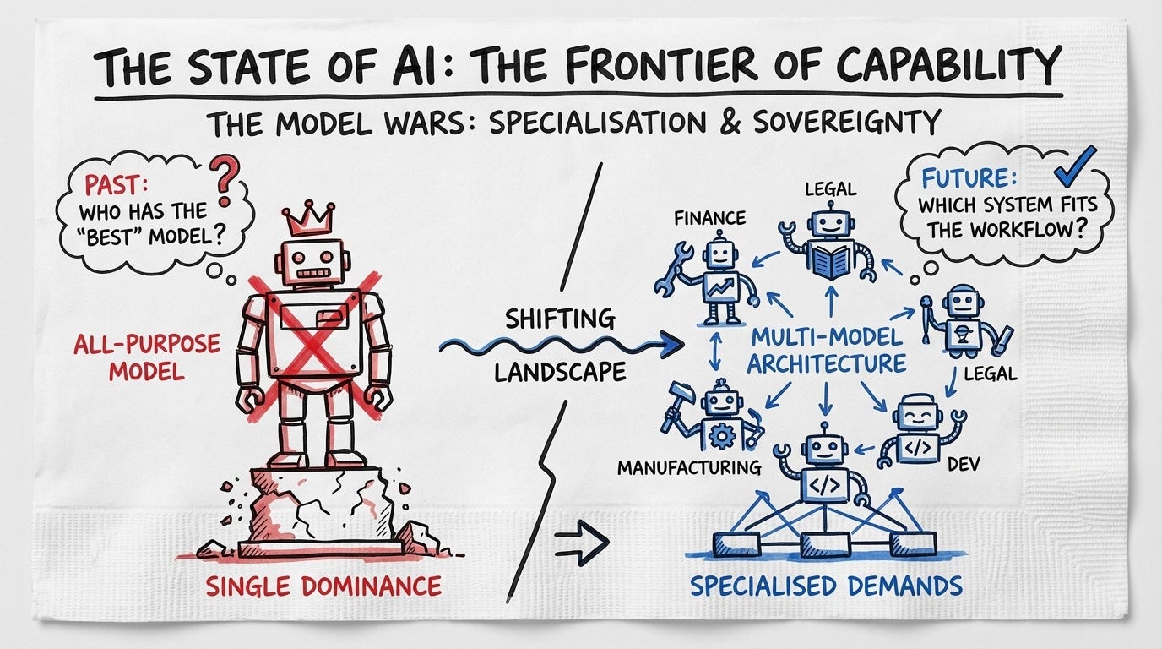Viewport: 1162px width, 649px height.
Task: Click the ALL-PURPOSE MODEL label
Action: (147, 357)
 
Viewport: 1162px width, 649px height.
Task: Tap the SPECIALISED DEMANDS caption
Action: (826, 586)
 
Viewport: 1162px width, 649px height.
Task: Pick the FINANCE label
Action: (709, 219)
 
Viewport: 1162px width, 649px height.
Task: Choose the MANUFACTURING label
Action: (687, 466)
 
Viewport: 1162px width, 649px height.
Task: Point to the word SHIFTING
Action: (560, 319)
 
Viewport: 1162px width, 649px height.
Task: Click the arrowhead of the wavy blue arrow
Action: (672, 344)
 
